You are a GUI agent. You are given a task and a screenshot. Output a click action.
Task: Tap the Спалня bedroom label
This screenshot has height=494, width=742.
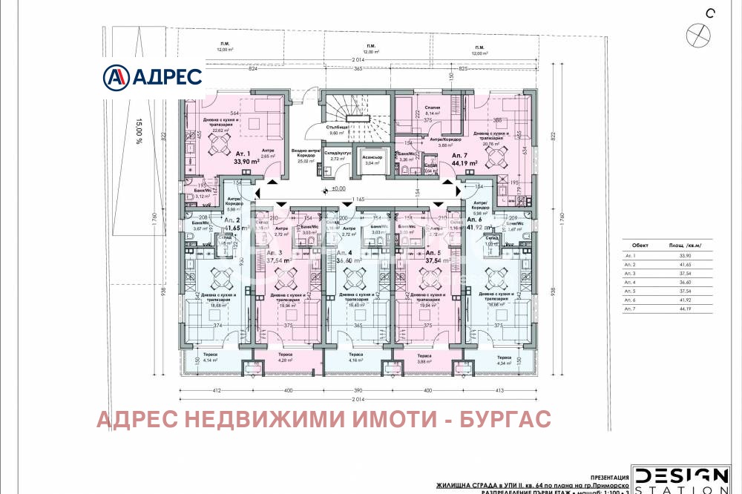tap(433, 108)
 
